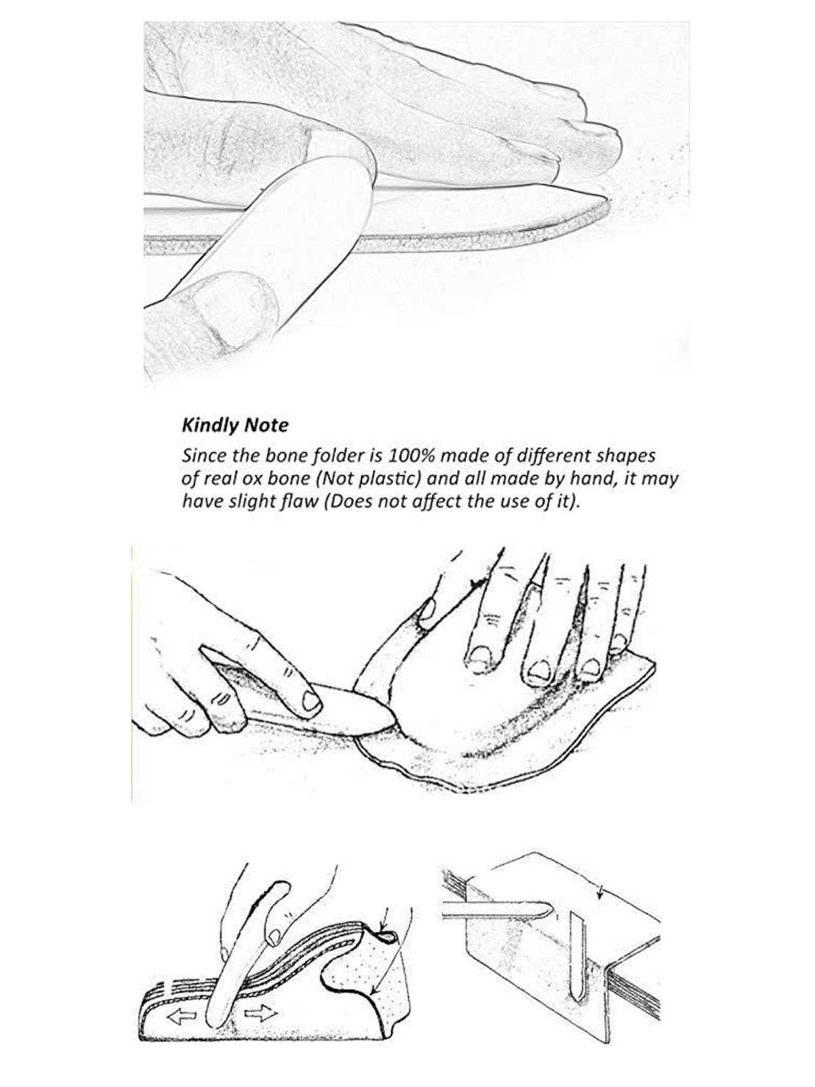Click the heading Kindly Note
235,425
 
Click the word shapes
629,456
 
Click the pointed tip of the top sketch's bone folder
607,199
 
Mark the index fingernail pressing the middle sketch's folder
311,701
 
